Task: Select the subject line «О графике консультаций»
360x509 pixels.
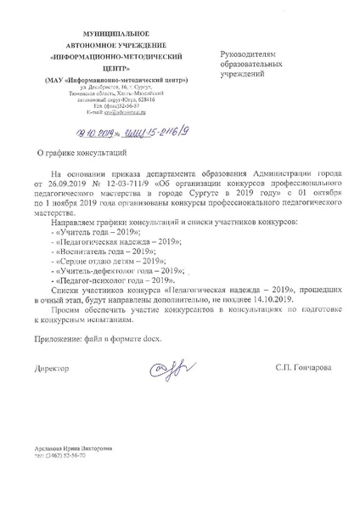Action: [74, 155]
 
